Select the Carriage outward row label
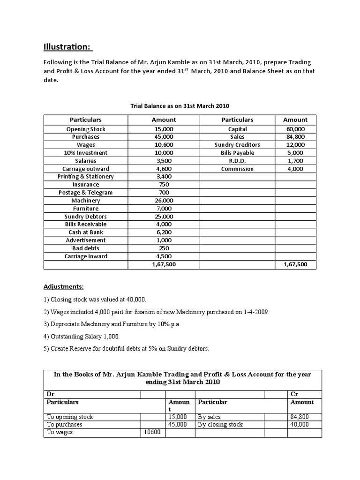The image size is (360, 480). [86, 169]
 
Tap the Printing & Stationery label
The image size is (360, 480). [86, 177]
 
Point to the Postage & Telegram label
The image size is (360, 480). [86, 193]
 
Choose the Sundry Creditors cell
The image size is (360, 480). [237, 145]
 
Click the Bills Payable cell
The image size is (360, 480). [237, 153]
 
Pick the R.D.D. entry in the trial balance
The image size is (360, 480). [237, 161]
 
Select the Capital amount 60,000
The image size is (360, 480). [295, 129]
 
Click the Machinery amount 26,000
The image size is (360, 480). [164, 201]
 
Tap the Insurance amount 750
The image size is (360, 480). [164, 185]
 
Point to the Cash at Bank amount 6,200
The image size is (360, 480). [164, 232]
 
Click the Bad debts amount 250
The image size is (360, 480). [164, 248]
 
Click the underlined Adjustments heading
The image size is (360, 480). [64, 286]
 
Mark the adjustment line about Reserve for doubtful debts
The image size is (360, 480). [126, 348]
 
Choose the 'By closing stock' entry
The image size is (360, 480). [220, 424]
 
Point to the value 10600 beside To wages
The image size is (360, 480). [152, 432]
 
